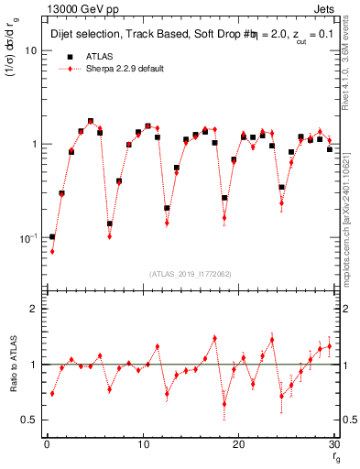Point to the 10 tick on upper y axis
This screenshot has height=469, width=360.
click(30, 50)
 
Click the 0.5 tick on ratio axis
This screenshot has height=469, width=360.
click(29, 420)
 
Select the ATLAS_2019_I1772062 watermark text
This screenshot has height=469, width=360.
click(190, 273)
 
